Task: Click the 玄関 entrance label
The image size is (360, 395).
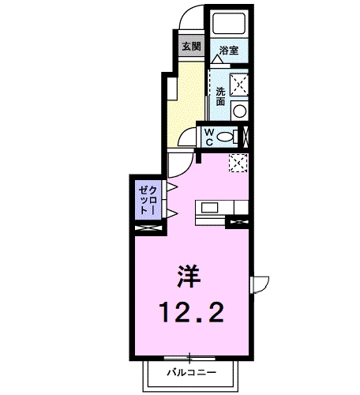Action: pos(192,45)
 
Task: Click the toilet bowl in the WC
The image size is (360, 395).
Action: pos(228,136)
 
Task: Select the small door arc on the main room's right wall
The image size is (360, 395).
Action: pos(261,286)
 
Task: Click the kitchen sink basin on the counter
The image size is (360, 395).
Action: pos(211,208)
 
